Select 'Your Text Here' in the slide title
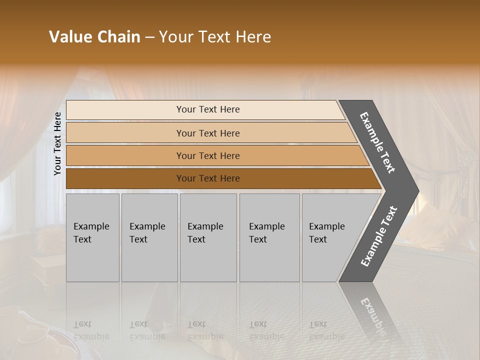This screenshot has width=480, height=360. coord(215,37)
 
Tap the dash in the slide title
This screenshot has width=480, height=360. coord(149,37)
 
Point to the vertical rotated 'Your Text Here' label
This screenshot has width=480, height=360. coord(57,143)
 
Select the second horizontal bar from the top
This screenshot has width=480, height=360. coord(208,133)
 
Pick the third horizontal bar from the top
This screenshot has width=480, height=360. coord(208,155)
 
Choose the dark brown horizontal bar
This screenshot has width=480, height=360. coord(208,178)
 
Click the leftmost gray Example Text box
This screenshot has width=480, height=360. coord(92,237)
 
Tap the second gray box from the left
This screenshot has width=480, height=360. coord(149,237)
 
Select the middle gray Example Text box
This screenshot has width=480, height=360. coord(208,237)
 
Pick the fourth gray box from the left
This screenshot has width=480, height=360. coord(269,237)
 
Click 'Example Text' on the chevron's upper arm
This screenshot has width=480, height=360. coord(377,142)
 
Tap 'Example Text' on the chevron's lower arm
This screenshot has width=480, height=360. coord(379,236)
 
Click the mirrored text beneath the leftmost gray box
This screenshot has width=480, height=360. coord(91,330)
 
